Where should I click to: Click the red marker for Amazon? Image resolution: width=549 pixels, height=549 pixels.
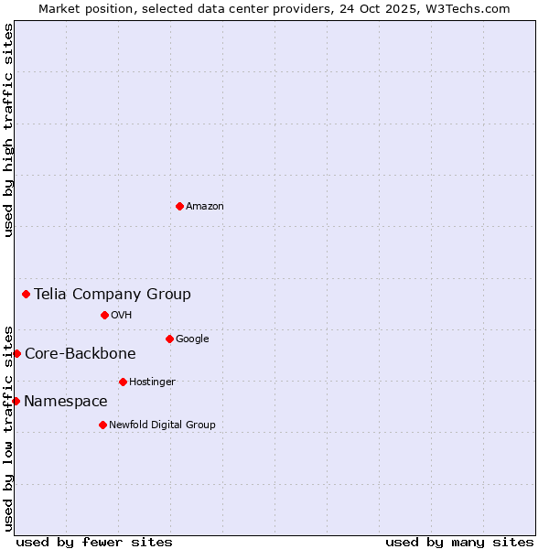click(x=179, y=206)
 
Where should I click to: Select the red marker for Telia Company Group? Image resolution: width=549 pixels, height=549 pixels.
click(x=27, y=294)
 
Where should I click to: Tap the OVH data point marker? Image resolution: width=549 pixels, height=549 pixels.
click(x=104, y=315)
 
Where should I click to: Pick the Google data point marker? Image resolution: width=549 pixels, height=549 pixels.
click(x=169, y=339)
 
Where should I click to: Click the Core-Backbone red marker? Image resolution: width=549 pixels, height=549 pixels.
click(x=16, y=353)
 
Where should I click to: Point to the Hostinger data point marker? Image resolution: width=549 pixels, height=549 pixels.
click(x=123, y=382)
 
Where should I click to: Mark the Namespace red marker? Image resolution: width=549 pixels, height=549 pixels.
click(x=16, y=401)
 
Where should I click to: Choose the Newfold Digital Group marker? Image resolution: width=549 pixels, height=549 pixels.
click(x=102, y=425)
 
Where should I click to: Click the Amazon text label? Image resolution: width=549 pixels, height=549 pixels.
click(x=205, y=207)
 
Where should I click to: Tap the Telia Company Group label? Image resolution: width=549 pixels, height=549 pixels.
click(x=113, y=294)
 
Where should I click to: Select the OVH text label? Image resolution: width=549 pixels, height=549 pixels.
click(x=122, y=316)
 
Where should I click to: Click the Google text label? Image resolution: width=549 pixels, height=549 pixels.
click(x=192, y=339)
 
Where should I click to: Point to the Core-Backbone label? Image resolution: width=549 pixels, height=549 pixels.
click(x=81, y=354)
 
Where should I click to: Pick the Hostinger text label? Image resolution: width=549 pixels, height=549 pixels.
click(x=152, y=382)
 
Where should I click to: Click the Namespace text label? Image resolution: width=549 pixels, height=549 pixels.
click(x=66, y=402)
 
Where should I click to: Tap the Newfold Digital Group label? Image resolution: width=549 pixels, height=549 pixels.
click(x=162, y=425)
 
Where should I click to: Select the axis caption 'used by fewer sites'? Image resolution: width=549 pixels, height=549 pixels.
click(x=94, y=542)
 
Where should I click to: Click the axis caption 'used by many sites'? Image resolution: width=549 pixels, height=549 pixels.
click(x=459, y=542)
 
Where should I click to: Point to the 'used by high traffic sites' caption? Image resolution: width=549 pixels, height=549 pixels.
click(x=9, y=130)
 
